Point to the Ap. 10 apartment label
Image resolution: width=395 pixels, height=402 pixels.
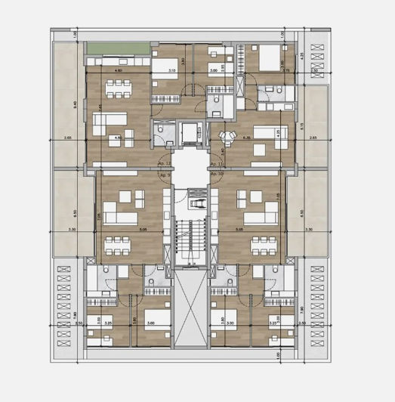point(214,175)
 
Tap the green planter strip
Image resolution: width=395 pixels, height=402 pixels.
point(116,50)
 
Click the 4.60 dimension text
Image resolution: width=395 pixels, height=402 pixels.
point(118,71)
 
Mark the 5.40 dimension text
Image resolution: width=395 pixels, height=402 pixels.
point(72,104)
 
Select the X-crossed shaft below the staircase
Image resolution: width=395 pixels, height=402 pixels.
point(189,311)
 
